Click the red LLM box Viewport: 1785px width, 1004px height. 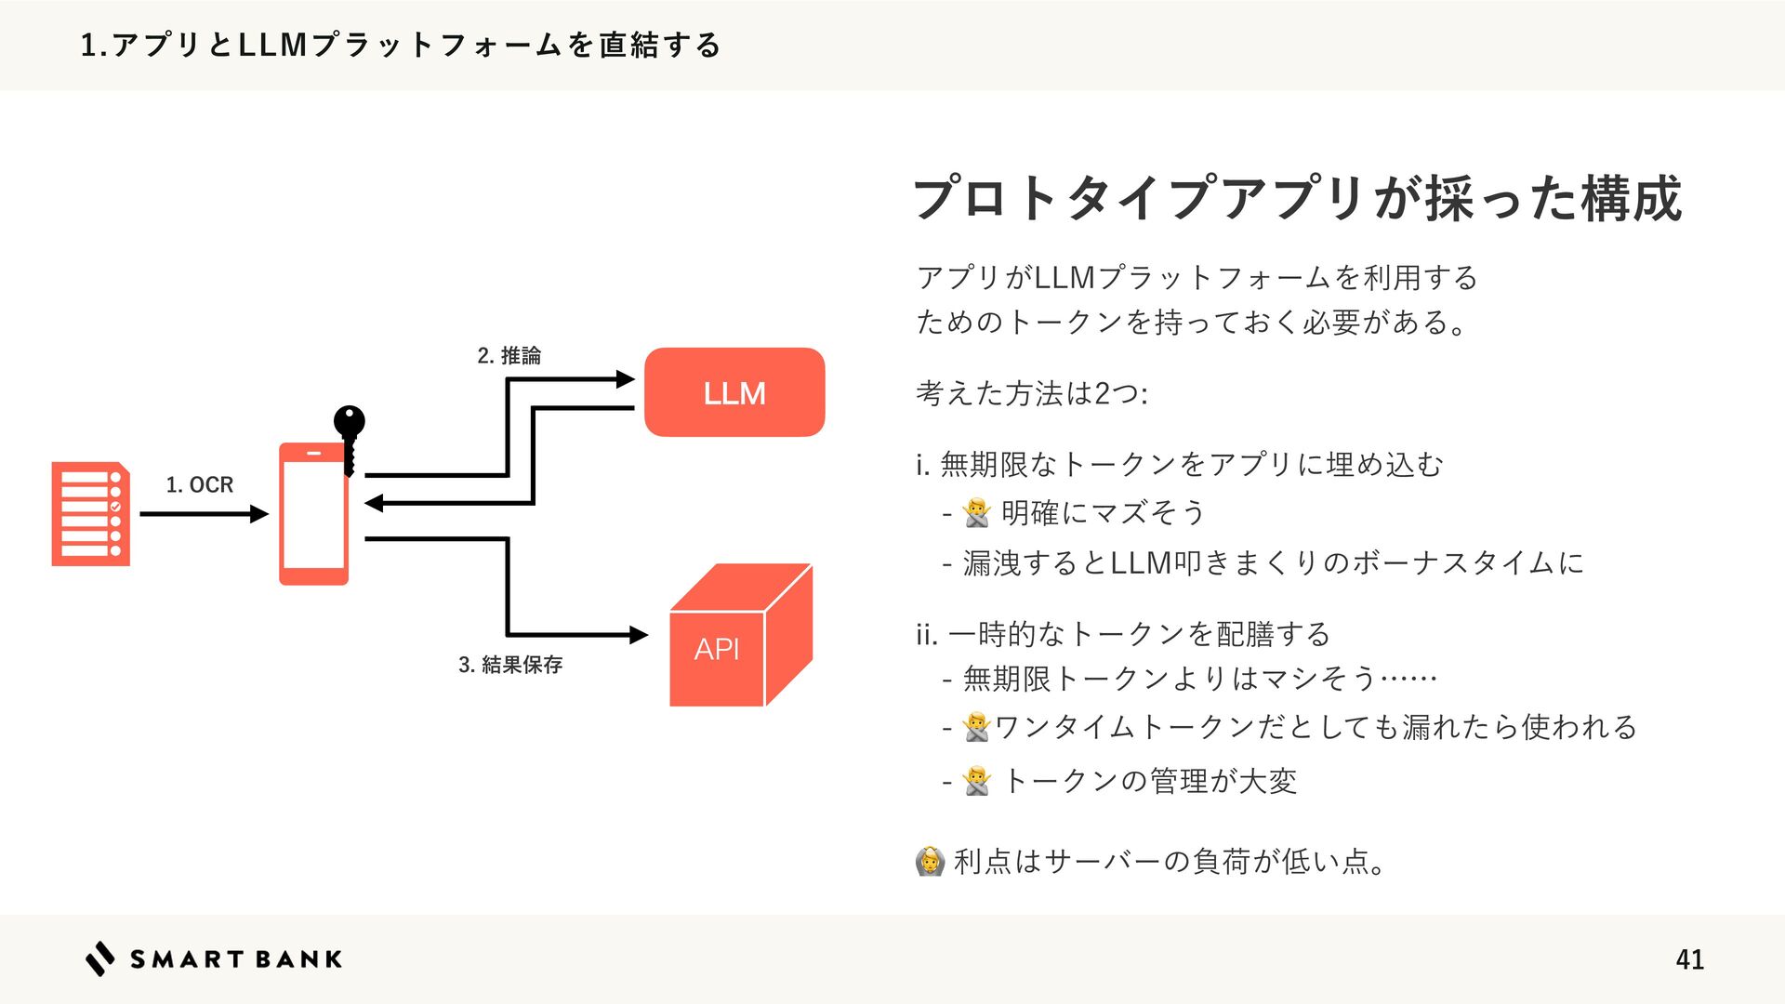coord(734,392)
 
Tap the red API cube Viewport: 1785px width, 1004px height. coord(740,637)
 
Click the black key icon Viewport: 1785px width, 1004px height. coord(350,438)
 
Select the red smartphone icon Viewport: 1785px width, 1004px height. coord(313,514)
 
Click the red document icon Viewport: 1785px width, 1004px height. coord(90,514)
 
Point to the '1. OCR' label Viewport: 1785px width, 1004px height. coord(199,484)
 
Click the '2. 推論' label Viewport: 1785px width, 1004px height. coord(509,355)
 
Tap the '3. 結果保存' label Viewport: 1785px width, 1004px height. coord(510,664)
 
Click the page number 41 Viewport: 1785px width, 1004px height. coord(1689,959)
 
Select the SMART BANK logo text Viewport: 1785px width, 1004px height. coord(236,959)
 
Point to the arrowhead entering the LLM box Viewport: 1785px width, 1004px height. coord(625,379)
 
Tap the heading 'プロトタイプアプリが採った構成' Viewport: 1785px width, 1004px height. coord(1297,198)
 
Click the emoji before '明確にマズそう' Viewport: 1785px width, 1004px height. coord(977,512)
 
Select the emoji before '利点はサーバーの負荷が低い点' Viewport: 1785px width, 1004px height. coord(930,861)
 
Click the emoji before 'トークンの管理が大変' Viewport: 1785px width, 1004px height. coord(977,781)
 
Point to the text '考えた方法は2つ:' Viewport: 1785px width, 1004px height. coord(1032,393)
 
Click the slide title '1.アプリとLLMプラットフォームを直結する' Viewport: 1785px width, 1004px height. coord(401,45)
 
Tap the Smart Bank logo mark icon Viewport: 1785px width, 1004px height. coord(100,958)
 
